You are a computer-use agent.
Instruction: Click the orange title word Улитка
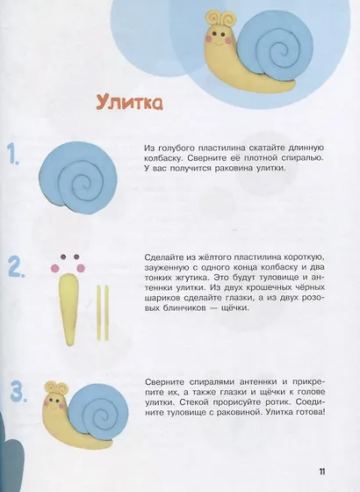[129, 105]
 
